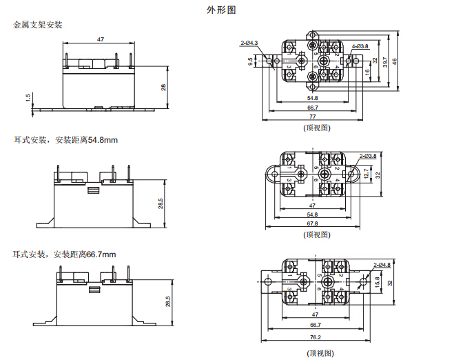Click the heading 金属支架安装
pos(38,26)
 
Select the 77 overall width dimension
pos(312,117)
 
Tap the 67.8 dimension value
pos(312,223)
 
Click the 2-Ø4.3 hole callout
pos(249,43)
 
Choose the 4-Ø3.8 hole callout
pos(360,46)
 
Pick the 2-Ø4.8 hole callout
pos(382,265)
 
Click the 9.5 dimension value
pos(251,61)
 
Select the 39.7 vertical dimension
pos(385,62)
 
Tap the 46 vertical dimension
pos(395,61)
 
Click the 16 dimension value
pos(367,71)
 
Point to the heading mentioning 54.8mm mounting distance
pos(65,140)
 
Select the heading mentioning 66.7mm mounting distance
pos(65,254)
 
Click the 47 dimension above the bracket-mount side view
pos(101,40)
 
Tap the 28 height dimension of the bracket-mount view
pos(163,87)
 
